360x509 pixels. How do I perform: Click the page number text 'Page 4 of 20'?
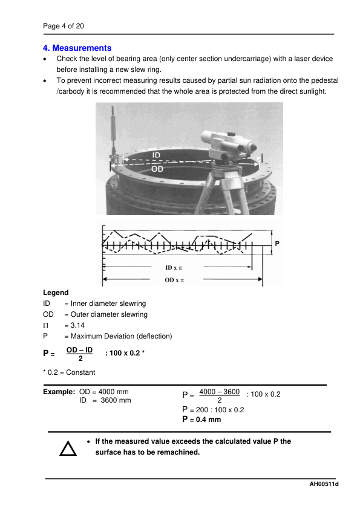click(x=63, y=26)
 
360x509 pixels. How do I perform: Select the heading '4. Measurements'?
click(x=77, y=48)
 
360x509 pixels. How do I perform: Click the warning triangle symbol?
click(x=67, y=448)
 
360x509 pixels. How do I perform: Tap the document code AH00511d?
click(x=323, y=484)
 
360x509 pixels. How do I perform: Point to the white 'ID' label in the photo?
click(x=156, y=156)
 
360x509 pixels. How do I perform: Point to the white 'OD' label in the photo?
click(x=157, y=169)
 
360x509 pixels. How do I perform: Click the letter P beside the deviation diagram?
click(x=277, y=242)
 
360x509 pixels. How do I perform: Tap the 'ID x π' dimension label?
click(x=176, y=267)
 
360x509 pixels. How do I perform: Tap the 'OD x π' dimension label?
click(x=175, y=280)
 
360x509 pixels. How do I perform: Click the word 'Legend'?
click(x=56, y=293)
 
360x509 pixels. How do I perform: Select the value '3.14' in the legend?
click(x=77, y=325)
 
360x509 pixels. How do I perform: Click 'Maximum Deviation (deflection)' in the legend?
click(x=121, y=336)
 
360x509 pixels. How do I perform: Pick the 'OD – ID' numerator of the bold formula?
click(x=79, y=350)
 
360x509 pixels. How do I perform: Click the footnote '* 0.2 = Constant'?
click(x=69, y=372)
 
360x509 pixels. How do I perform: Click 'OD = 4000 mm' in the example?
click(x=104, y=392)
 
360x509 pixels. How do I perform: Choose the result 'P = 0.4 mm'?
click(x=201, y=420)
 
